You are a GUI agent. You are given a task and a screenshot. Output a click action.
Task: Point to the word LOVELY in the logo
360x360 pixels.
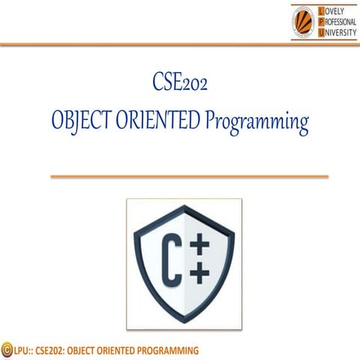[332, 10]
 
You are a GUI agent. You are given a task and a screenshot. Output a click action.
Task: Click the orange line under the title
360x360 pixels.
[189, 177]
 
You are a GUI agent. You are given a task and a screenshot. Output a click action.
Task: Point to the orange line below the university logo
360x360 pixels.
[180, 45]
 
